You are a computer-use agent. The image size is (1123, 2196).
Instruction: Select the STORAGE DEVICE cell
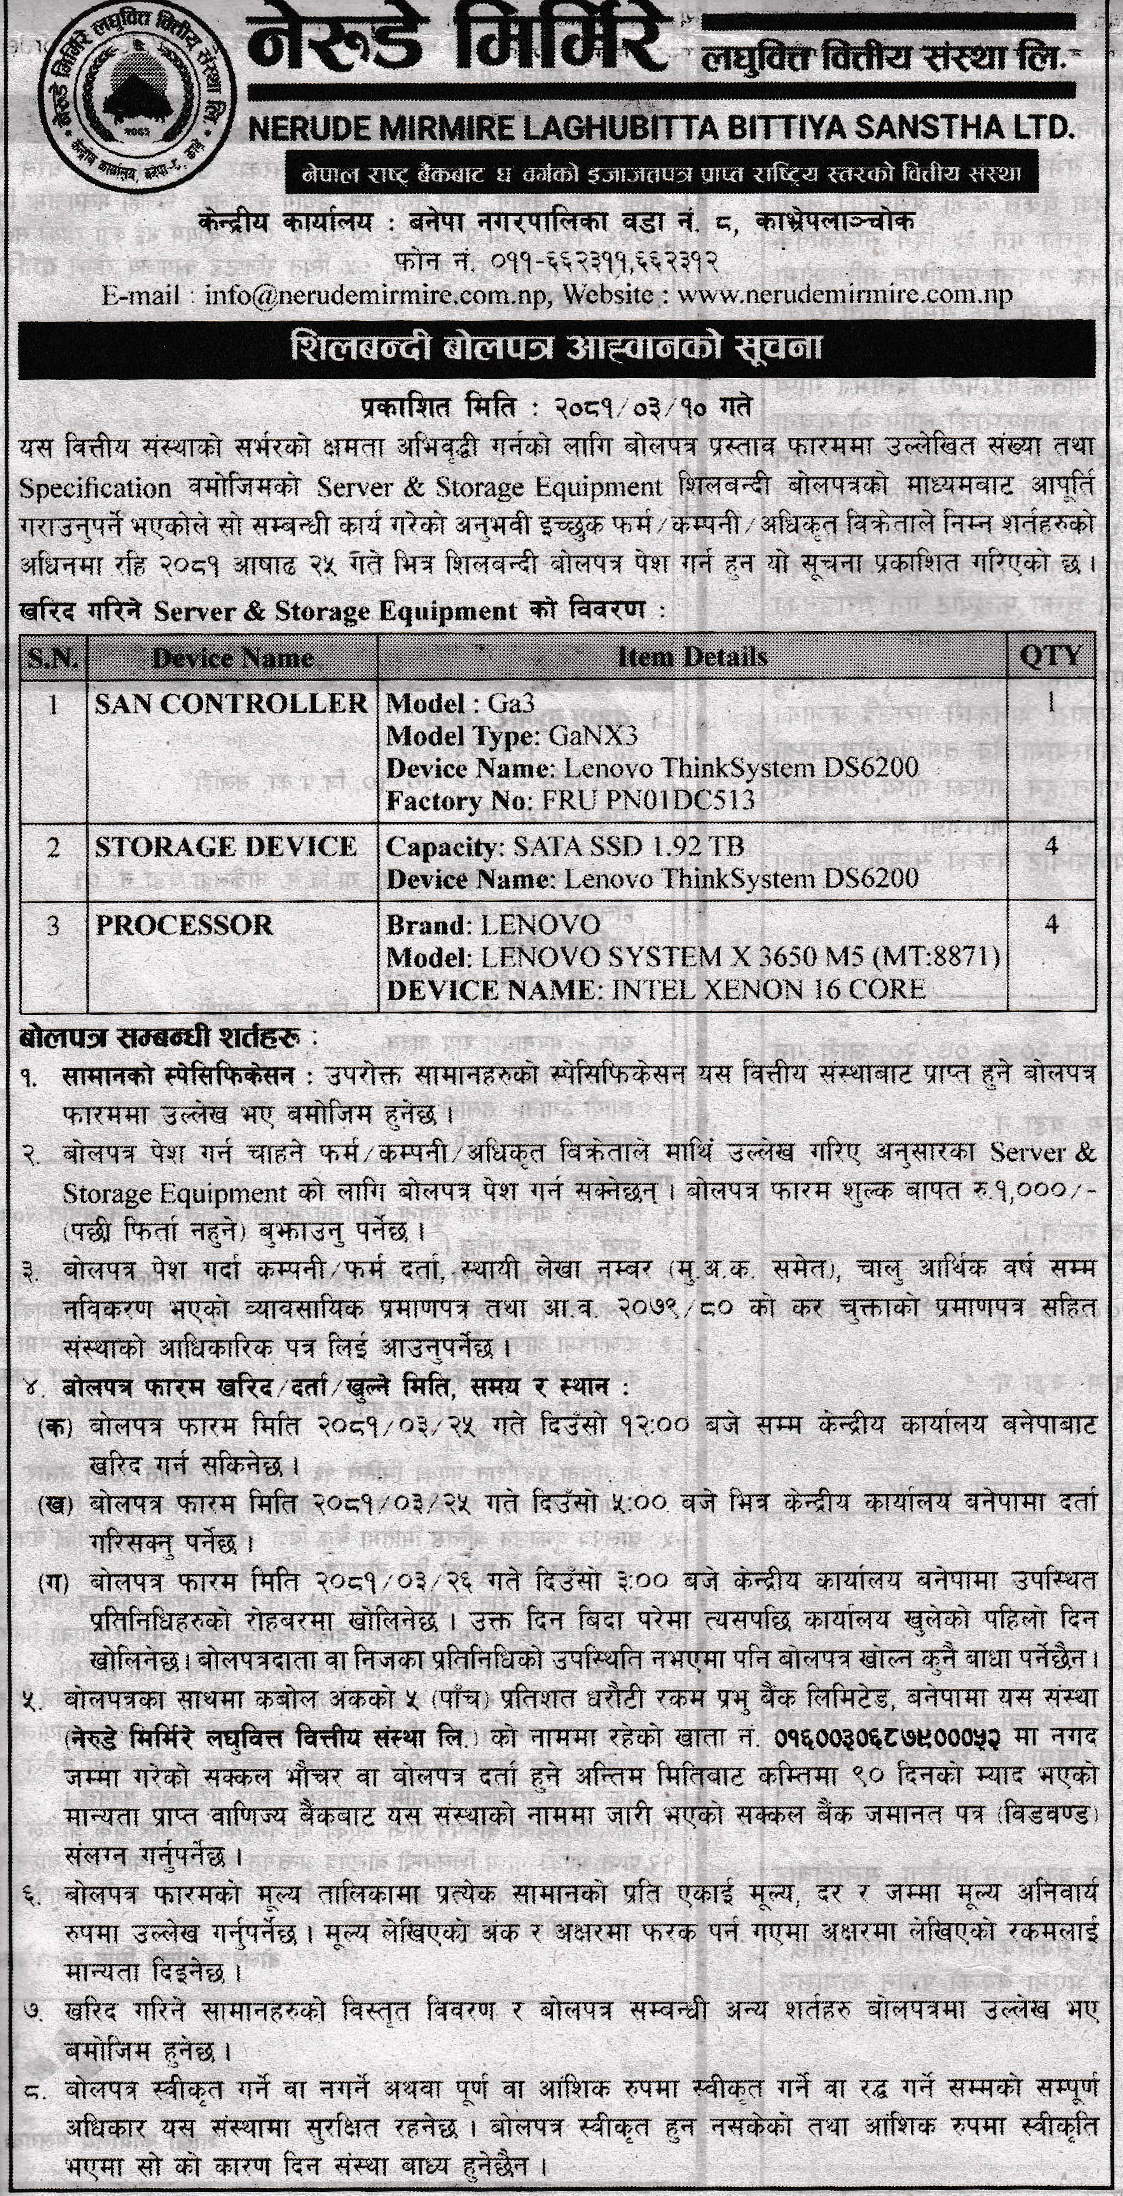226,847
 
